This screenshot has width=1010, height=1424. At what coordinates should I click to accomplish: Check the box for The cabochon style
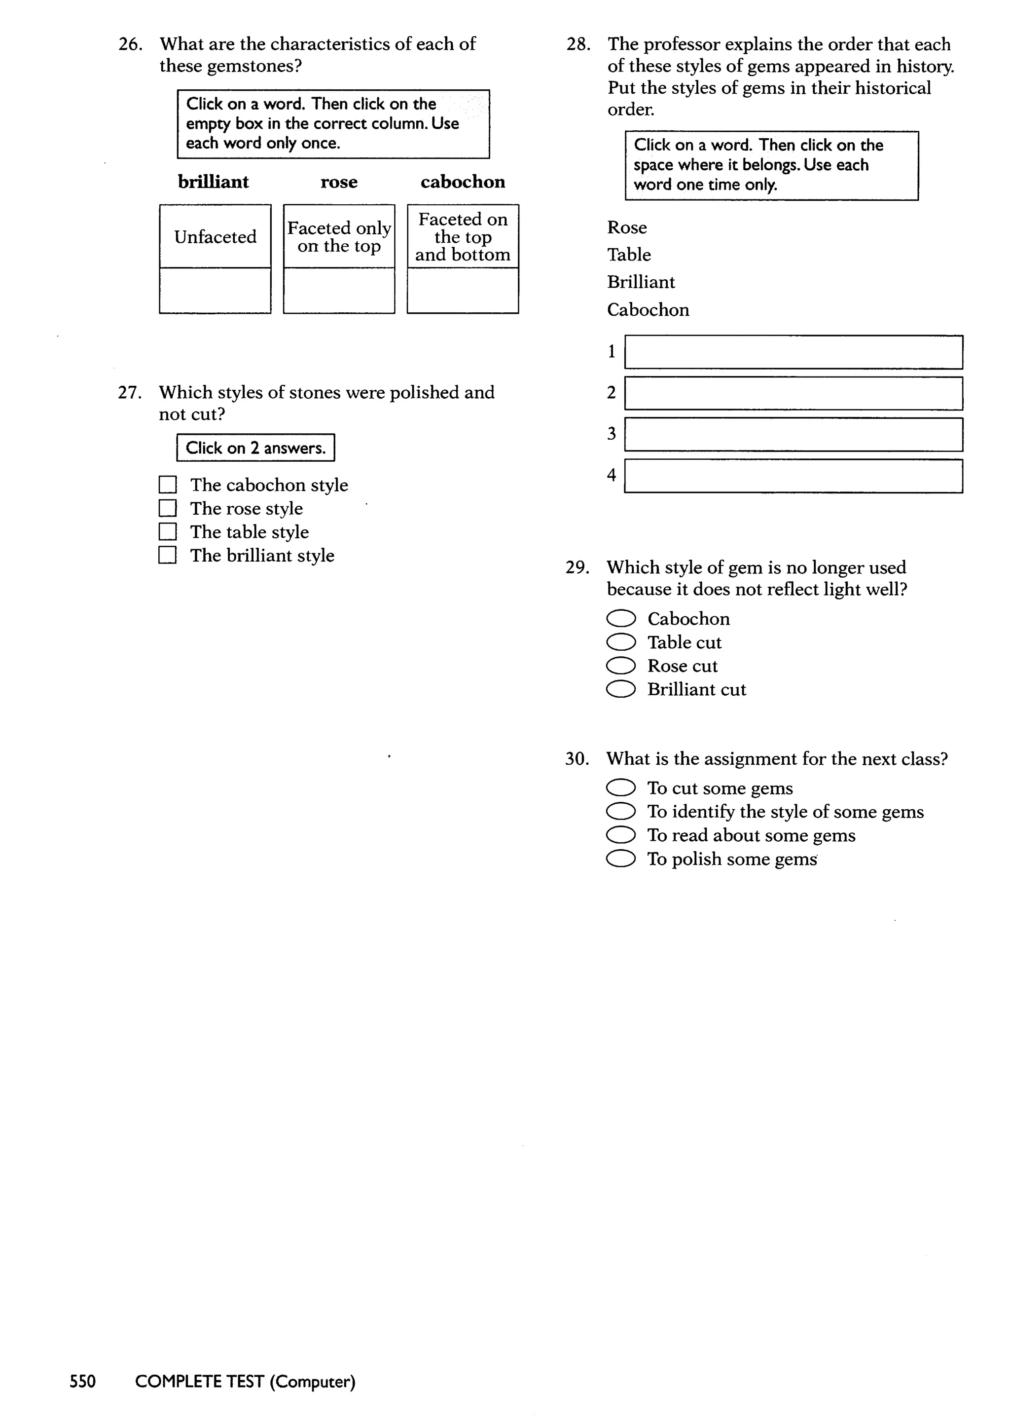pyautogui.click(x=167, y=485)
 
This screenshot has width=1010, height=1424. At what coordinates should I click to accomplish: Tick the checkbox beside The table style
pyautogui.click(x=167, y=532)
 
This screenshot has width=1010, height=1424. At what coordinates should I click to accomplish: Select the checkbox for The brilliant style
pyautogui.click(x=167, y=555)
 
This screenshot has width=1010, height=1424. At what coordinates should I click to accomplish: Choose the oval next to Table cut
pyautogui.click(x=621, y=642)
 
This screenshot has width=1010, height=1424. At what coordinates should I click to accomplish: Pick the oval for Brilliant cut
pyautogui.click(x=621, y=689)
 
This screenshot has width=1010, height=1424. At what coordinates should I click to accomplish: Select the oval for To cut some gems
pyautogui.click(x=621, y=788)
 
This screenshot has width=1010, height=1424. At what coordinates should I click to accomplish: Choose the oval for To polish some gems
pyautogui.click(x=621, y=859)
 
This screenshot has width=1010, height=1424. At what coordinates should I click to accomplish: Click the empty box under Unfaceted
pyautogui.click(x=215, y=291)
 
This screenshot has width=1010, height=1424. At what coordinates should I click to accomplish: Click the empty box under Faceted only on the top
pyautogui.click(x=339, y=291)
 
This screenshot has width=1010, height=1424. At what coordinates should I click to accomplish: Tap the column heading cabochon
pyautogui.click(x=463, y=182)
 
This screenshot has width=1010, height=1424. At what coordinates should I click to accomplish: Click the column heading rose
pyautogui.click(x=339, y=182)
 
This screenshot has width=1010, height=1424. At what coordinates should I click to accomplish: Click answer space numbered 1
pyautogui.click(x=794, y=352)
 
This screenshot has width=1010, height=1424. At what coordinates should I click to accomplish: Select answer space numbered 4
pyautogui.click(x=794, y=476)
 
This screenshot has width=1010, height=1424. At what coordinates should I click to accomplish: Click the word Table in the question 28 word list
pyautogui.click(x=629, y=255)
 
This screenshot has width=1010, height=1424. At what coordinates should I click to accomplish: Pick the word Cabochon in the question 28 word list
pyautogui.click(x=648, y=310)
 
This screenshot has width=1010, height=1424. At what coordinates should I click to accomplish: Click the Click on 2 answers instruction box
pyautogui.click(x=255, y=448)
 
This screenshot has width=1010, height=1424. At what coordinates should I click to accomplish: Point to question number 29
pyautogui.click(x=577, y=567)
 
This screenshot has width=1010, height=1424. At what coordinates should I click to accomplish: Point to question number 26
pyautogui.click(x=130, y=44)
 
